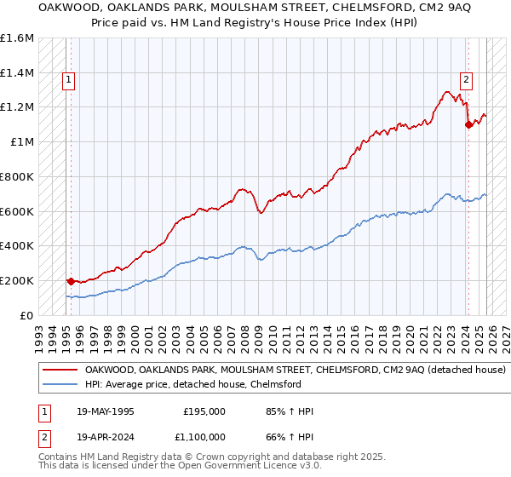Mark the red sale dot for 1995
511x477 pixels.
69,280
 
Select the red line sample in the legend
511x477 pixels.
60,371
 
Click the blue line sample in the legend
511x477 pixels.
60,385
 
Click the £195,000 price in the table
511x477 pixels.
204,411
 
